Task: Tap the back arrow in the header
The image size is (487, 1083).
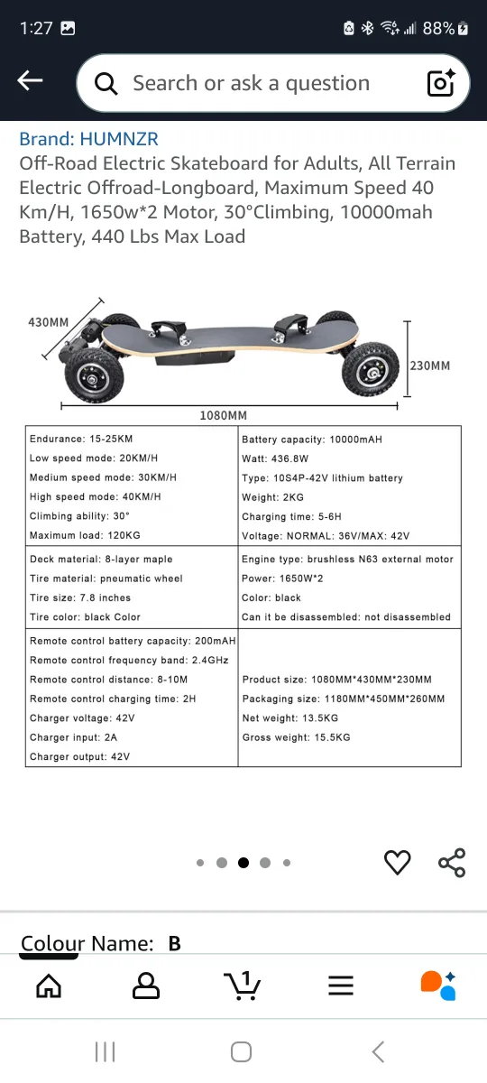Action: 30,81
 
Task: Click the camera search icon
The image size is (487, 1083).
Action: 441,83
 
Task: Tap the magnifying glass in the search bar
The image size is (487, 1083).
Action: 106,84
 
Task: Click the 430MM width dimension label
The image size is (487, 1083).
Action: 48,322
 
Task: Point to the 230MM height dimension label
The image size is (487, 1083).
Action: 430,366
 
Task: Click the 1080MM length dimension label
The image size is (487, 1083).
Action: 223,415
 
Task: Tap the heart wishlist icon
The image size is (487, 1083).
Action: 397,863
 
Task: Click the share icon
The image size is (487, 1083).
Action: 452,863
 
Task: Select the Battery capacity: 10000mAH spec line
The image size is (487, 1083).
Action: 311,440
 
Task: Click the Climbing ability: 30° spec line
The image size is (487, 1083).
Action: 79,516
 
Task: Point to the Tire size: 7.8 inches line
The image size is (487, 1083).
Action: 79,597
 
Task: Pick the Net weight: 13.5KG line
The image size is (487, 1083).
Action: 289,718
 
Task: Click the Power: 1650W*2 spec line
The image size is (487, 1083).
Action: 283,579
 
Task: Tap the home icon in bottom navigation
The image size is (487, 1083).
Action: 49,986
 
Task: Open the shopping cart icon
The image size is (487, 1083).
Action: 242,986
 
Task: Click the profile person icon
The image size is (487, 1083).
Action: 145,986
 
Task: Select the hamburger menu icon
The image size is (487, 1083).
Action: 341,986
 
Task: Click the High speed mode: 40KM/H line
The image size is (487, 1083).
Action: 95,497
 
